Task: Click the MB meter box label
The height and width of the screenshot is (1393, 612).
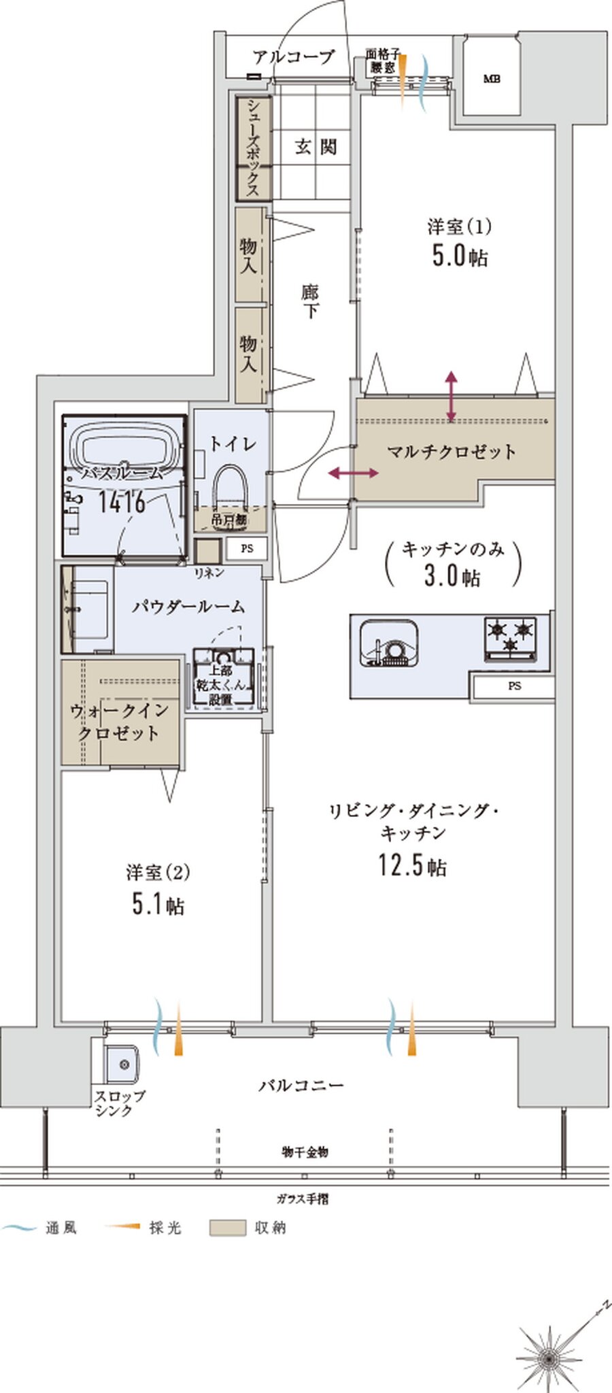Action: click(x=492, y=79)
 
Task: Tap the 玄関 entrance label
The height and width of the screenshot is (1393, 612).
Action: click(x=316, y=146)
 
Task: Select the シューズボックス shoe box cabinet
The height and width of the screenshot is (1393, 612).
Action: click(x=254, y=148)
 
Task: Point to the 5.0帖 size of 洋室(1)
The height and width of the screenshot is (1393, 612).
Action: click(x=460, y=256)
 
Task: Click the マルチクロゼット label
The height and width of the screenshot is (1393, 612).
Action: click(x=451, y=452)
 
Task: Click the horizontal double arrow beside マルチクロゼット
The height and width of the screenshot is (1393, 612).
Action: click(x=353, y=473)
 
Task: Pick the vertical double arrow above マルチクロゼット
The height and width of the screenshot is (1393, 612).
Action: click(x=452, y=397)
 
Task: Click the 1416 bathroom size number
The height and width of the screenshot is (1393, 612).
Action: click(x=122, y=502)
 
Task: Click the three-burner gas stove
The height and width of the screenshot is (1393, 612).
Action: click(x=510, y=637)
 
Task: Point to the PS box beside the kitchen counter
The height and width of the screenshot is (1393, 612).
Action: click(x=514, y=686)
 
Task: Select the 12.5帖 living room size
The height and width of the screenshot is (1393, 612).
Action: click(x=412, y=865)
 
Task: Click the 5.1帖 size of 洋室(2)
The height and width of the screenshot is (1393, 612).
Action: click(x=157, y=905)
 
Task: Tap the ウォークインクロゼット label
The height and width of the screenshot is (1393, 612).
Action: click(x=120, y=722)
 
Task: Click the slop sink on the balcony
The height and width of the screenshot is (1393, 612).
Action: click(x=122, y=1064)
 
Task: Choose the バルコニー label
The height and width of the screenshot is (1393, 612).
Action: click(x=301, y=1085)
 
